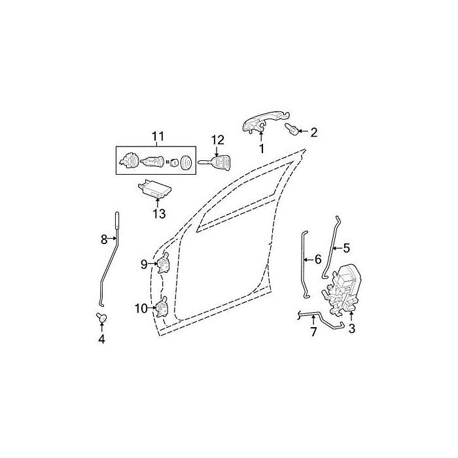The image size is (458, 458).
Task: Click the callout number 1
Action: click(x=261, y=149)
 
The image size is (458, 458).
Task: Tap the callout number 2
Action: click(x=313, y=133)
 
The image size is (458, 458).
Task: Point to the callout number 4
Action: click(x=101, y=339)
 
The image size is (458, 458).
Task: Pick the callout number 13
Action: click(x=159, y=214)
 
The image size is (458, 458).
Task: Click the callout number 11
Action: click(x=157, y=136)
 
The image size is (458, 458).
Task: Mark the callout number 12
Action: click(x=217, y=139)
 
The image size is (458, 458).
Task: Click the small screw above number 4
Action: click(x=101, y=318)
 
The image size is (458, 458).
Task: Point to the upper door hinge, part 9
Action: click(x=163, y=264)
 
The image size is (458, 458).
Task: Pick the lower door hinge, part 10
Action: click(x=161, y=308)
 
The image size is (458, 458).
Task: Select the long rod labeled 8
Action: click(x=109, y=262)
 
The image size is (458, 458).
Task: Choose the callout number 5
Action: click(x=347, y=248)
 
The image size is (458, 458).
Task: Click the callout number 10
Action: click(x=141, y=308)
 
